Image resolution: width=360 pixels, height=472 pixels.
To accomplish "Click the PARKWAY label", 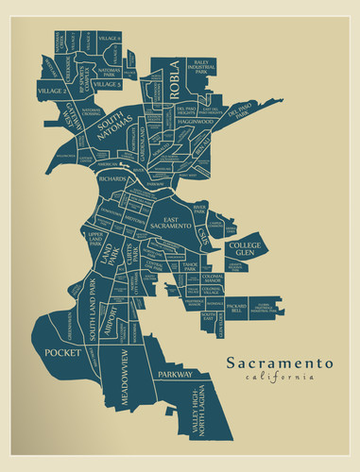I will (174, 375).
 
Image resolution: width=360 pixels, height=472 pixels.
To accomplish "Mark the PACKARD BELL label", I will (236, 307).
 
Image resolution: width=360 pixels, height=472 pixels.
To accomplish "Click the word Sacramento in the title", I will (279, 362).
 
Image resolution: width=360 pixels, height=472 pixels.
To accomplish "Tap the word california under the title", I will (279, 378).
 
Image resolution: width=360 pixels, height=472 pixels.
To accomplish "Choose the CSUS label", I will (203, 234).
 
